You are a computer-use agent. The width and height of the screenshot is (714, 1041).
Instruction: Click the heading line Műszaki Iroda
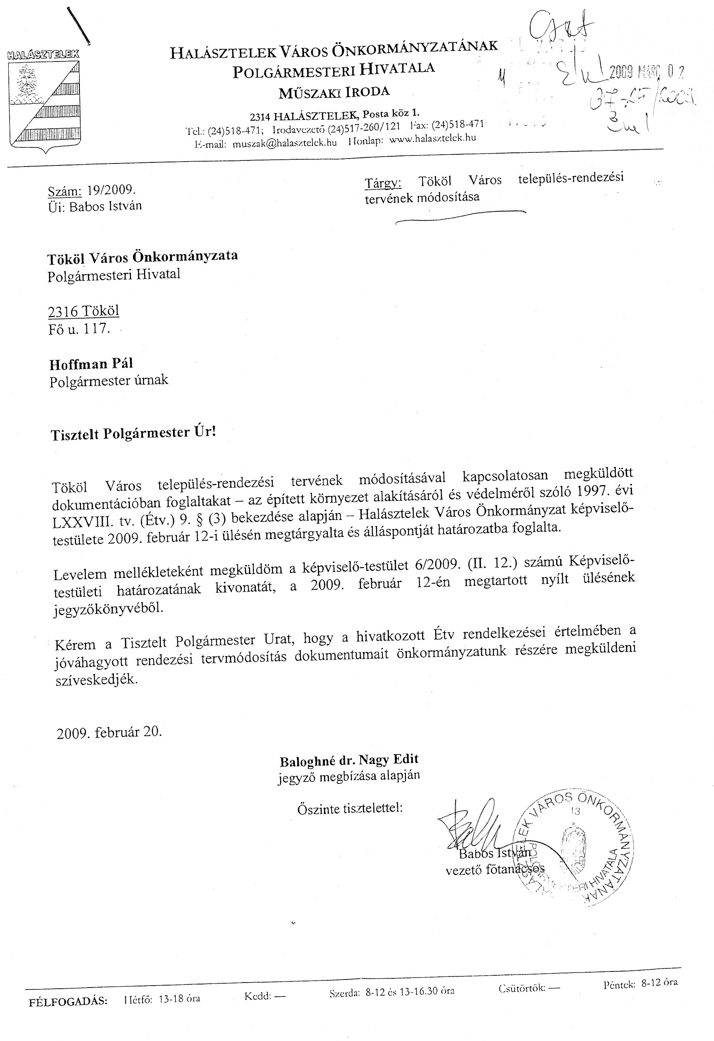coord(334,92)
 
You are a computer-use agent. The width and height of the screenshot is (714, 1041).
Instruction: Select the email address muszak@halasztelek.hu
coord(285,143)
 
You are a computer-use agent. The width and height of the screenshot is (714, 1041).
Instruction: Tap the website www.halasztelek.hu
coord(432,138)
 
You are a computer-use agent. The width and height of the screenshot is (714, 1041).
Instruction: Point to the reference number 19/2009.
coord(111,190)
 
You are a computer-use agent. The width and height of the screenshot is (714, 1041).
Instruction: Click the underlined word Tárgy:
coord(383,183)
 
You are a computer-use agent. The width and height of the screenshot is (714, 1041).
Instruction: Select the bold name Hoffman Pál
coord(91,364)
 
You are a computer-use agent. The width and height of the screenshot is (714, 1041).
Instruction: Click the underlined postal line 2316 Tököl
coord(84,311)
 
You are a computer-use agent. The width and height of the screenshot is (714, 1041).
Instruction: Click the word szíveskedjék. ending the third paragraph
coord(96,680)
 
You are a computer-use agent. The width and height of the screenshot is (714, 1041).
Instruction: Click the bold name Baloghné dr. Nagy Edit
coord(349,760)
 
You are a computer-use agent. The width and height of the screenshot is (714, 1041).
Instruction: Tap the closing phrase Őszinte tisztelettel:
coord(350,808)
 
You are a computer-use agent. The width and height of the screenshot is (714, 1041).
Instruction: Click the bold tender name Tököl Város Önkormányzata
coord(143,257)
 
